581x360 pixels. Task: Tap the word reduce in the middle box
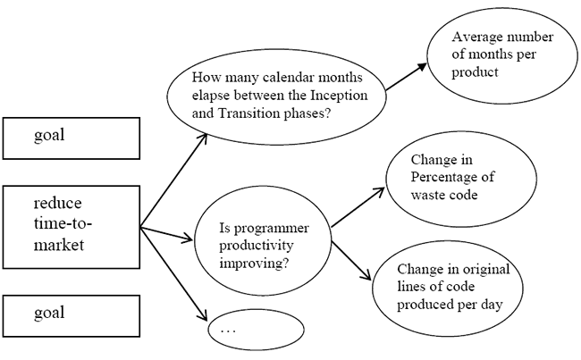click(x=58, y=203)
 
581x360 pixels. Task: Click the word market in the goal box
click(x=59, y=245)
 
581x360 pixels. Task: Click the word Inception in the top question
click(x=339, y=96)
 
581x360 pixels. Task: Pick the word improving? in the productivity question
click(x=254, y=264)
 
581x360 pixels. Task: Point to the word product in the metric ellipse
click(x=475, y=71)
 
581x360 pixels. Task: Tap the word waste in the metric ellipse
click(x=427, y=195)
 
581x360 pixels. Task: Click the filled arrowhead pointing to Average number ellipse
click(x=421, y=67)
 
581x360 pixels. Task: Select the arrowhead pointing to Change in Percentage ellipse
click(x=379, y=191)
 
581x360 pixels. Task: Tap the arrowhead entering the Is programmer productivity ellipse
click(x=187, y=239)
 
